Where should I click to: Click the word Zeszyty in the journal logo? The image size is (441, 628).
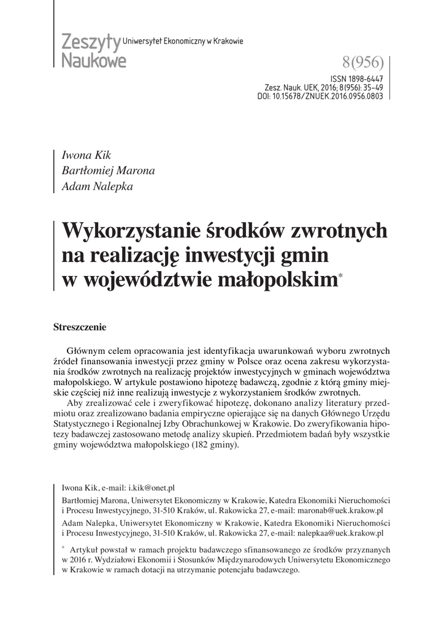[x=91, y=43]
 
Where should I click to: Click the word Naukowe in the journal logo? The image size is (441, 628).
[x=94, y=60]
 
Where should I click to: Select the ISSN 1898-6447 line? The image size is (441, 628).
[x=356, y=79]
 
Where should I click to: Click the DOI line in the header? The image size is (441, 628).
[x=320, y=96]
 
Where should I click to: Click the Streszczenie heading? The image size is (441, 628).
[x=80, y=327]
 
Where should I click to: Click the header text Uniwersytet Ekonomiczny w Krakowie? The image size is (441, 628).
[x=183, y=41]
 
